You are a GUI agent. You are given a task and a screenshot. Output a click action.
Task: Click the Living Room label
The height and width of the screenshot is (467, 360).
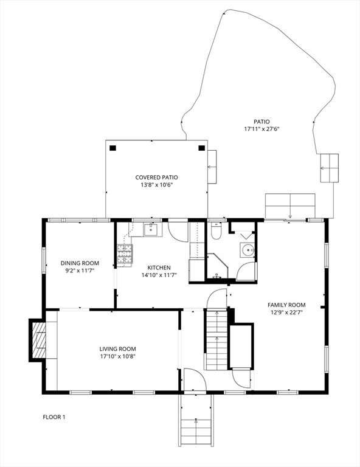point(117,349)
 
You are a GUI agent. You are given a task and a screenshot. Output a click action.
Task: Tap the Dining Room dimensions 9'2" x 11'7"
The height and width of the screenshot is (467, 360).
point(80,271)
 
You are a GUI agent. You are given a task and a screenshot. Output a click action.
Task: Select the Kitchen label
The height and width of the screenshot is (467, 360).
point(159,268)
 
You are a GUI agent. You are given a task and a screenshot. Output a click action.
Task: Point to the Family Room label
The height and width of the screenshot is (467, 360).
point(286,305)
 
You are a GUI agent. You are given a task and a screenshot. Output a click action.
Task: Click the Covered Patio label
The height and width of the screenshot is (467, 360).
point(157,178)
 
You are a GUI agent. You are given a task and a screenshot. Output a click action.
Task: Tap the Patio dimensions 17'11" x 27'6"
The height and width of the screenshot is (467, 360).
point(261,130)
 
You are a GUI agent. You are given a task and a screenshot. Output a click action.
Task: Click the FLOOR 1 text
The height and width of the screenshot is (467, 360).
point(54,417)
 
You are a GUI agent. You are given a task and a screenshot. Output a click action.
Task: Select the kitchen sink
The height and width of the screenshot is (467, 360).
point(153,230)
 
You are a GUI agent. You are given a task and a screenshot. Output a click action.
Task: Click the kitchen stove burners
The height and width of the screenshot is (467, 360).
point(125,254)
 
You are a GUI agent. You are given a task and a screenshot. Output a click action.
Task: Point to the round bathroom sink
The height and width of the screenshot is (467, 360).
point(247,250)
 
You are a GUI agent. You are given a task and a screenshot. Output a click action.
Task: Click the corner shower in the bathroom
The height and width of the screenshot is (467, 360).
point(218,266)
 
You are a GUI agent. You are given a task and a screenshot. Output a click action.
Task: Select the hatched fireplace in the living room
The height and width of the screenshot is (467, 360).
point(39,340)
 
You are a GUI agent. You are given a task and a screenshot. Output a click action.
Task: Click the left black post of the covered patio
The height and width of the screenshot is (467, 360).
point(112,148)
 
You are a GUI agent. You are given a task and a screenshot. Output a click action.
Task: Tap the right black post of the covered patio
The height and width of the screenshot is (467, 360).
point(202,148)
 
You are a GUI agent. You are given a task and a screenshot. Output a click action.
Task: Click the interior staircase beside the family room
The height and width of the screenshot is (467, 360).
point(216,339)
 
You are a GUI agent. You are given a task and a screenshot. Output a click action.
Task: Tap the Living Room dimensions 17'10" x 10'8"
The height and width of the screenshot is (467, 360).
point(117,356)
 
